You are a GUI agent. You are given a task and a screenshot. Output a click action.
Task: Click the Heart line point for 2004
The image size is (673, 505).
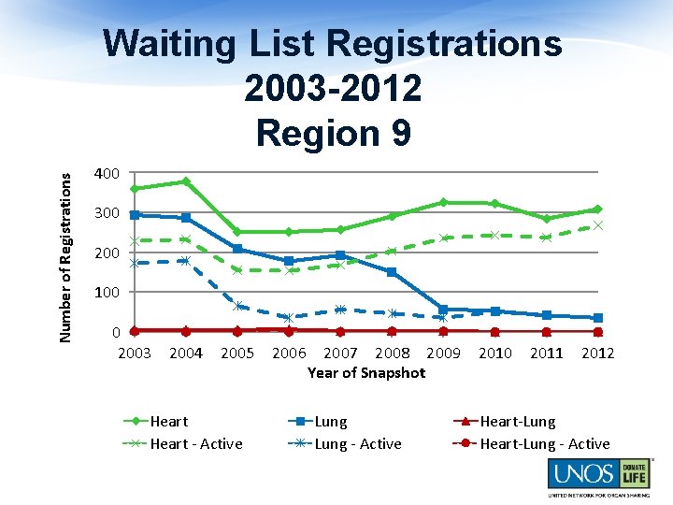[x=186, y=181]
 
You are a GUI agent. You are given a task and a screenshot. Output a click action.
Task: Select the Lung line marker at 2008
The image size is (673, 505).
[x=392, y=272]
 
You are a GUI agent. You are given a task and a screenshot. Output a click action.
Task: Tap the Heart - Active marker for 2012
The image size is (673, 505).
[x=598, y=225]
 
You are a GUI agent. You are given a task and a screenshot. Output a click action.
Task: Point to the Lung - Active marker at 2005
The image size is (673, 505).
[x=237, y=306]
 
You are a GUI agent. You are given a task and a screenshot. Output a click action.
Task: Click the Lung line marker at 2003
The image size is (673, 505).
[x=135, y=215]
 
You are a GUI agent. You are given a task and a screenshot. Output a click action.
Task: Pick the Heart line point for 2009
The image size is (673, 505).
[x=443, y=202]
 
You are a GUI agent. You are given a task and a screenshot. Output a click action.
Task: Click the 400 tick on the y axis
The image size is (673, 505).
[x=107, y=174]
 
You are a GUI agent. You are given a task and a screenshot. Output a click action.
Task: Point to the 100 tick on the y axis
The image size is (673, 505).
[x=107, y=293]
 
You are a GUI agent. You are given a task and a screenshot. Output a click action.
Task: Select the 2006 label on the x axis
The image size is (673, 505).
[x=289, y=353]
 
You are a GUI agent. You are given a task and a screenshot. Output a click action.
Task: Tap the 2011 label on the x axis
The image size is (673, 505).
[x=546, y=353]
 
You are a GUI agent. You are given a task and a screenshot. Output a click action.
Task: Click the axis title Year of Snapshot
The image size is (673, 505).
[x=365, y=373]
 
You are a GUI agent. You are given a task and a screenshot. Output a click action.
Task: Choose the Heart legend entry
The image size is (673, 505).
[x=168, y=422]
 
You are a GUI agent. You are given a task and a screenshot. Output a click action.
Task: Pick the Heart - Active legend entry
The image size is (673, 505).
[x=195, y=444]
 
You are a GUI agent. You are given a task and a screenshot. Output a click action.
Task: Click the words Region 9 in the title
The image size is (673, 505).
[x=333, y=133]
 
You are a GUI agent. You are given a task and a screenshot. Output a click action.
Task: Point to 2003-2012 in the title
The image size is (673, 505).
[x=333, y=89]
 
